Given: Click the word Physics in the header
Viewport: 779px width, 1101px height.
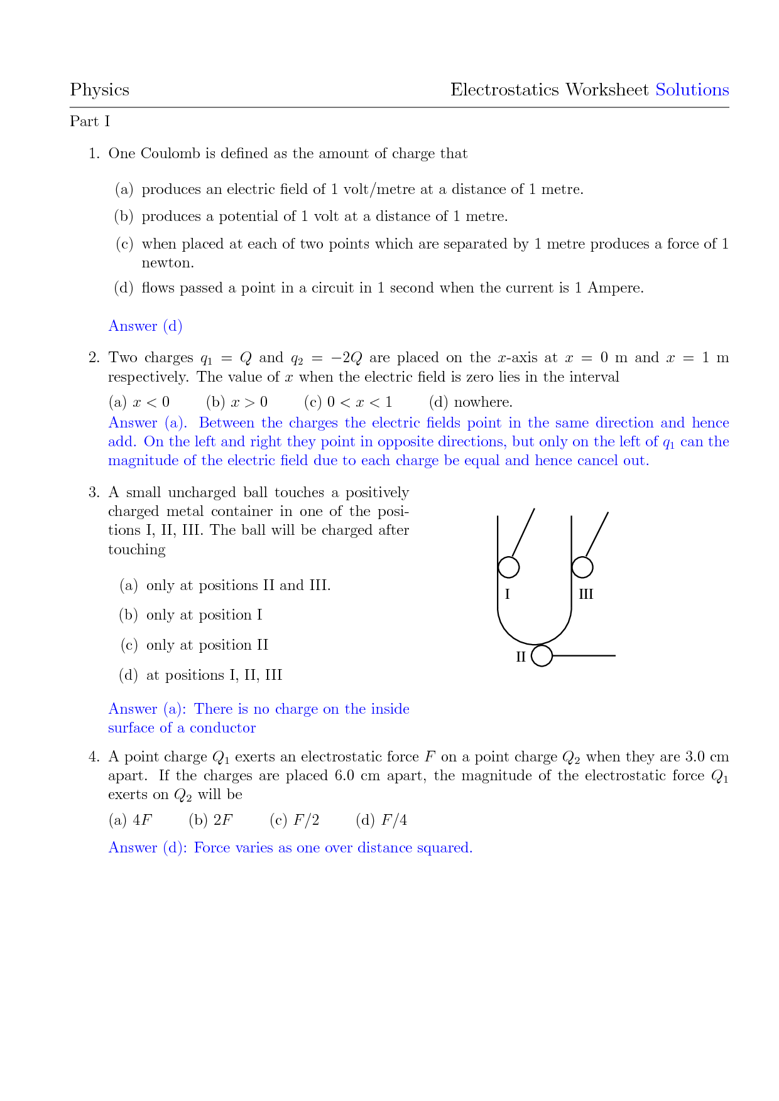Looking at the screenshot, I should click(99, 90).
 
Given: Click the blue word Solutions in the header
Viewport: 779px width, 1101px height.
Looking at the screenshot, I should click(692, 90).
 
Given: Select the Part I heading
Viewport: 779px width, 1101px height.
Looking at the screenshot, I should click(90, 121).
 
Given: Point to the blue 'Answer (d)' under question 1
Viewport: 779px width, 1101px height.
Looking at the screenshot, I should click(145, 326).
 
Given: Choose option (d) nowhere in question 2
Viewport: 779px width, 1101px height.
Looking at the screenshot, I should click(471, 402).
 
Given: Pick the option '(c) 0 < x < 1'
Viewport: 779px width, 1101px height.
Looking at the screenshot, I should click(348, 402).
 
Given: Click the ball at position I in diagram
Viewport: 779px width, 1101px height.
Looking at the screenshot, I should click(508, 567).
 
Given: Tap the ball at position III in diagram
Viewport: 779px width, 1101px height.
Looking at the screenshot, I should click(582, 567).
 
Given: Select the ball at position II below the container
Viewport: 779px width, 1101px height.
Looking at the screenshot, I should click(542, 656).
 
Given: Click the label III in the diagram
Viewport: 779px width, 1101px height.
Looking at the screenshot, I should click(586, 594).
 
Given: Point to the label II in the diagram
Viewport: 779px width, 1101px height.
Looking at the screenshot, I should click(521, 657).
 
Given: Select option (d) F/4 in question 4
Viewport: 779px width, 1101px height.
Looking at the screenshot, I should click(381, 820).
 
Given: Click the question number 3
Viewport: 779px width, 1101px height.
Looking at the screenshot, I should click(94, 493).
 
